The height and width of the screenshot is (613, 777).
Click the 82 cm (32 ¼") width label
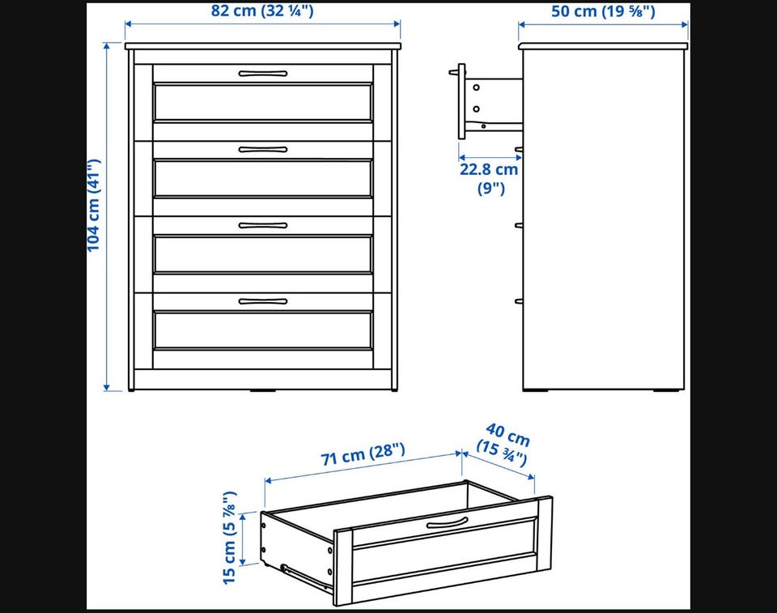[x=262, y=11]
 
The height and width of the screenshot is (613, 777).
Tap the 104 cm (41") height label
[x=94, y=206]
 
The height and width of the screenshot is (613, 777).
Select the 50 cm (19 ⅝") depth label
[x=603, y=11]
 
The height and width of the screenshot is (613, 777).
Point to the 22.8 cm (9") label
[x=489, y=178]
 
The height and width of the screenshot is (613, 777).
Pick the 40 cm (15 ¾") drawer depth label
[x=503, y=445]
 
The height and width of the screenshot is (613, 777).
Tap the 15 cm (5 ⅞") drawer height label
[x=229, y=538]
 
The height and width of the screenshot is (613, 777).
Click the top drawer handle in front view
[x=262, y=74]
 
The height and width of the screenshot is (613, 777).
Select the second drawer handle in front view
[x=262, y=149]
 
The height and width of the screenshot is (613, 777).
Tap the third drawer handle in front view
[x=262, y=225]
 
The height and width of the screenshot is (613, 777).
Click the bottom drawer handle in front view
[x=262, y=301]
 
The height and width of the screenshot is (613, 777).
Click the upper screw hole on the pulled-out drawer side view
[x=476, y=87]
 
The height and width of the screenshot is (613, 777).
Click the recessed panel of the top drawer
[x=262, y=102]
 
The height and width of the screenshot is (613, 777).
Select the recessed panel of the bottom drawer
[x=262, y=330]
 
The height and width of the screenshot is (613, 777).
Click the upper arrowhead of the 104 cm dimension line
[x=106, y=46]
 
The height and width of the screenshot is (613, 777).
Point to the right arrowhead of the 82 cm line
[x=397, y=23]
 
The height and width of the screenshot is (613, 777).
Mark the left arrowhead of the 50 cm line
[x=523, y=23]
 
